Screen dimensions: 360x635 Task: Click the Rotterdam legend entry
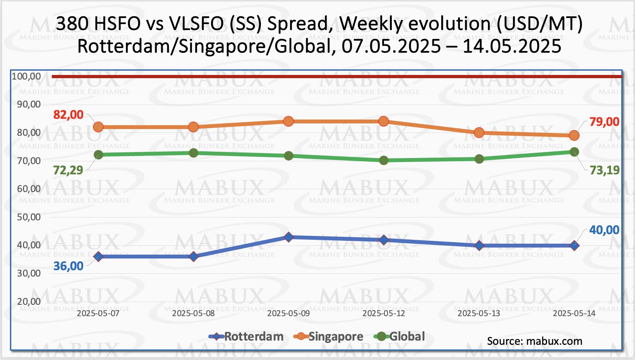(x=247, y=336)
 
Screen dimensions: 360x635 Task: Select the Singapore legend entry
(x=329, y=336)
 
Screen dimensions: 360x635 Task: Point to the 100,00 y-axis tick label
(x=27, y=76)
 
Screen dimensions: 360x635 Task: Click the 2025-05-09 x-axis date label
(x=289, y=313)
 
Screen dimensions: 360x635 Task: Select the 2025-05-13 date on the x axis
(x=479, y=313)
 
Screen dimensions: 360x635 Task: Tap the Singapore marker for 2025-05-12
(x=384, y=121)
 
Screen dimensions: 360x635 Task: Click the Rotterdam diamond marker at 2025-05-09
(x=289, y=237)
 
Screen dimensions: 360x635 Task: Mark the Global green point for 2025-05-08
(x=193, y=153)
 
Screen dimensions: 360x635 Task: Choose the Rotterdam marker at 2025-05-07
(x=98, y=256)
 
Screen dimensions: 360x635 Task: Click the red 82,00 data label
(x=68, y=115)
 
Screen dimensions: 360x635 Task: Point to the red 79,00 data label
(x=604, y=122)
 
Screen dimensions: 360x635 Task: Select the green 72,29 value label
(x=68, y=170)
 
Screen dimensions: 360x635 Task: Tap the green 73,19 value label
(x=605, y=170)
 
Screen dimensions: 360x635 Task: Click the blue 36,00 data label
(x=68, y=266)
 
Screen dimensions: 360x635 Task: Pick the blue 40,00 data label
(x=604, y=230)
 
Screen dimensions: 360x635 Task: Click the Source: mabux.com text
(x=534, y=341)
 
